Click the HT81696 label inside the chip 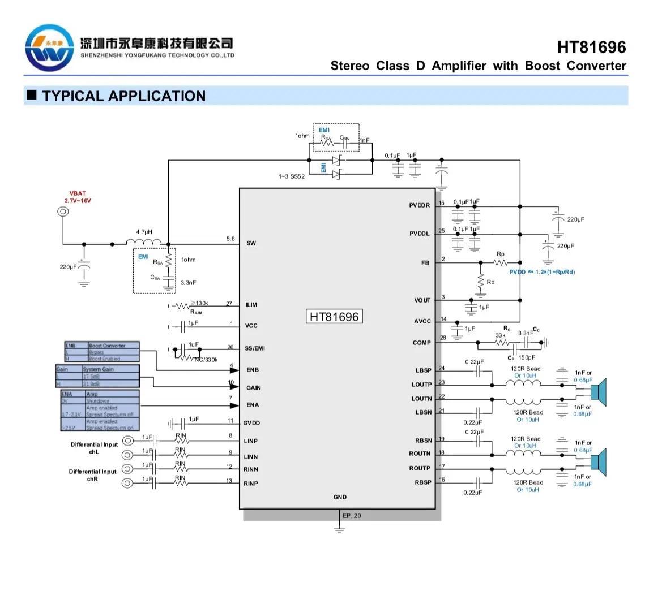point(334,317)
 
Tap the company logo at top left point(49,49)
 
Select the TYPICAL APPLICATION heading point(123,96)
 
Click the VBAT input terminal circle point(63,212)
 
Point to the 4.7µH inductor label point(144,232)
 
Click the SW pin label point(251,243)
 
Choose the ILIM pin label point(251,305)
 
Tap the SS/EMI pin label point(255,348)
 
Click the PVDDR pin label point(420,205)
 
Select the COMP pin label point(422,343)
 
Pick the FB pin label point(425,263)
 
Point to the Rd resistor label point(490,282)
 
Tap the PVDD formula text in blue point(542,272)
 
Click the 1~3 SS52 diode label point(291,176)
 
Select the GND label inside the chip point(340,497)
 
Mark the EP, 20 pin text point(352,516)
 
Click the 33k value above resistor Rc point(501,335)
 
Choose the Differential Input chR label point(93,475)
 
